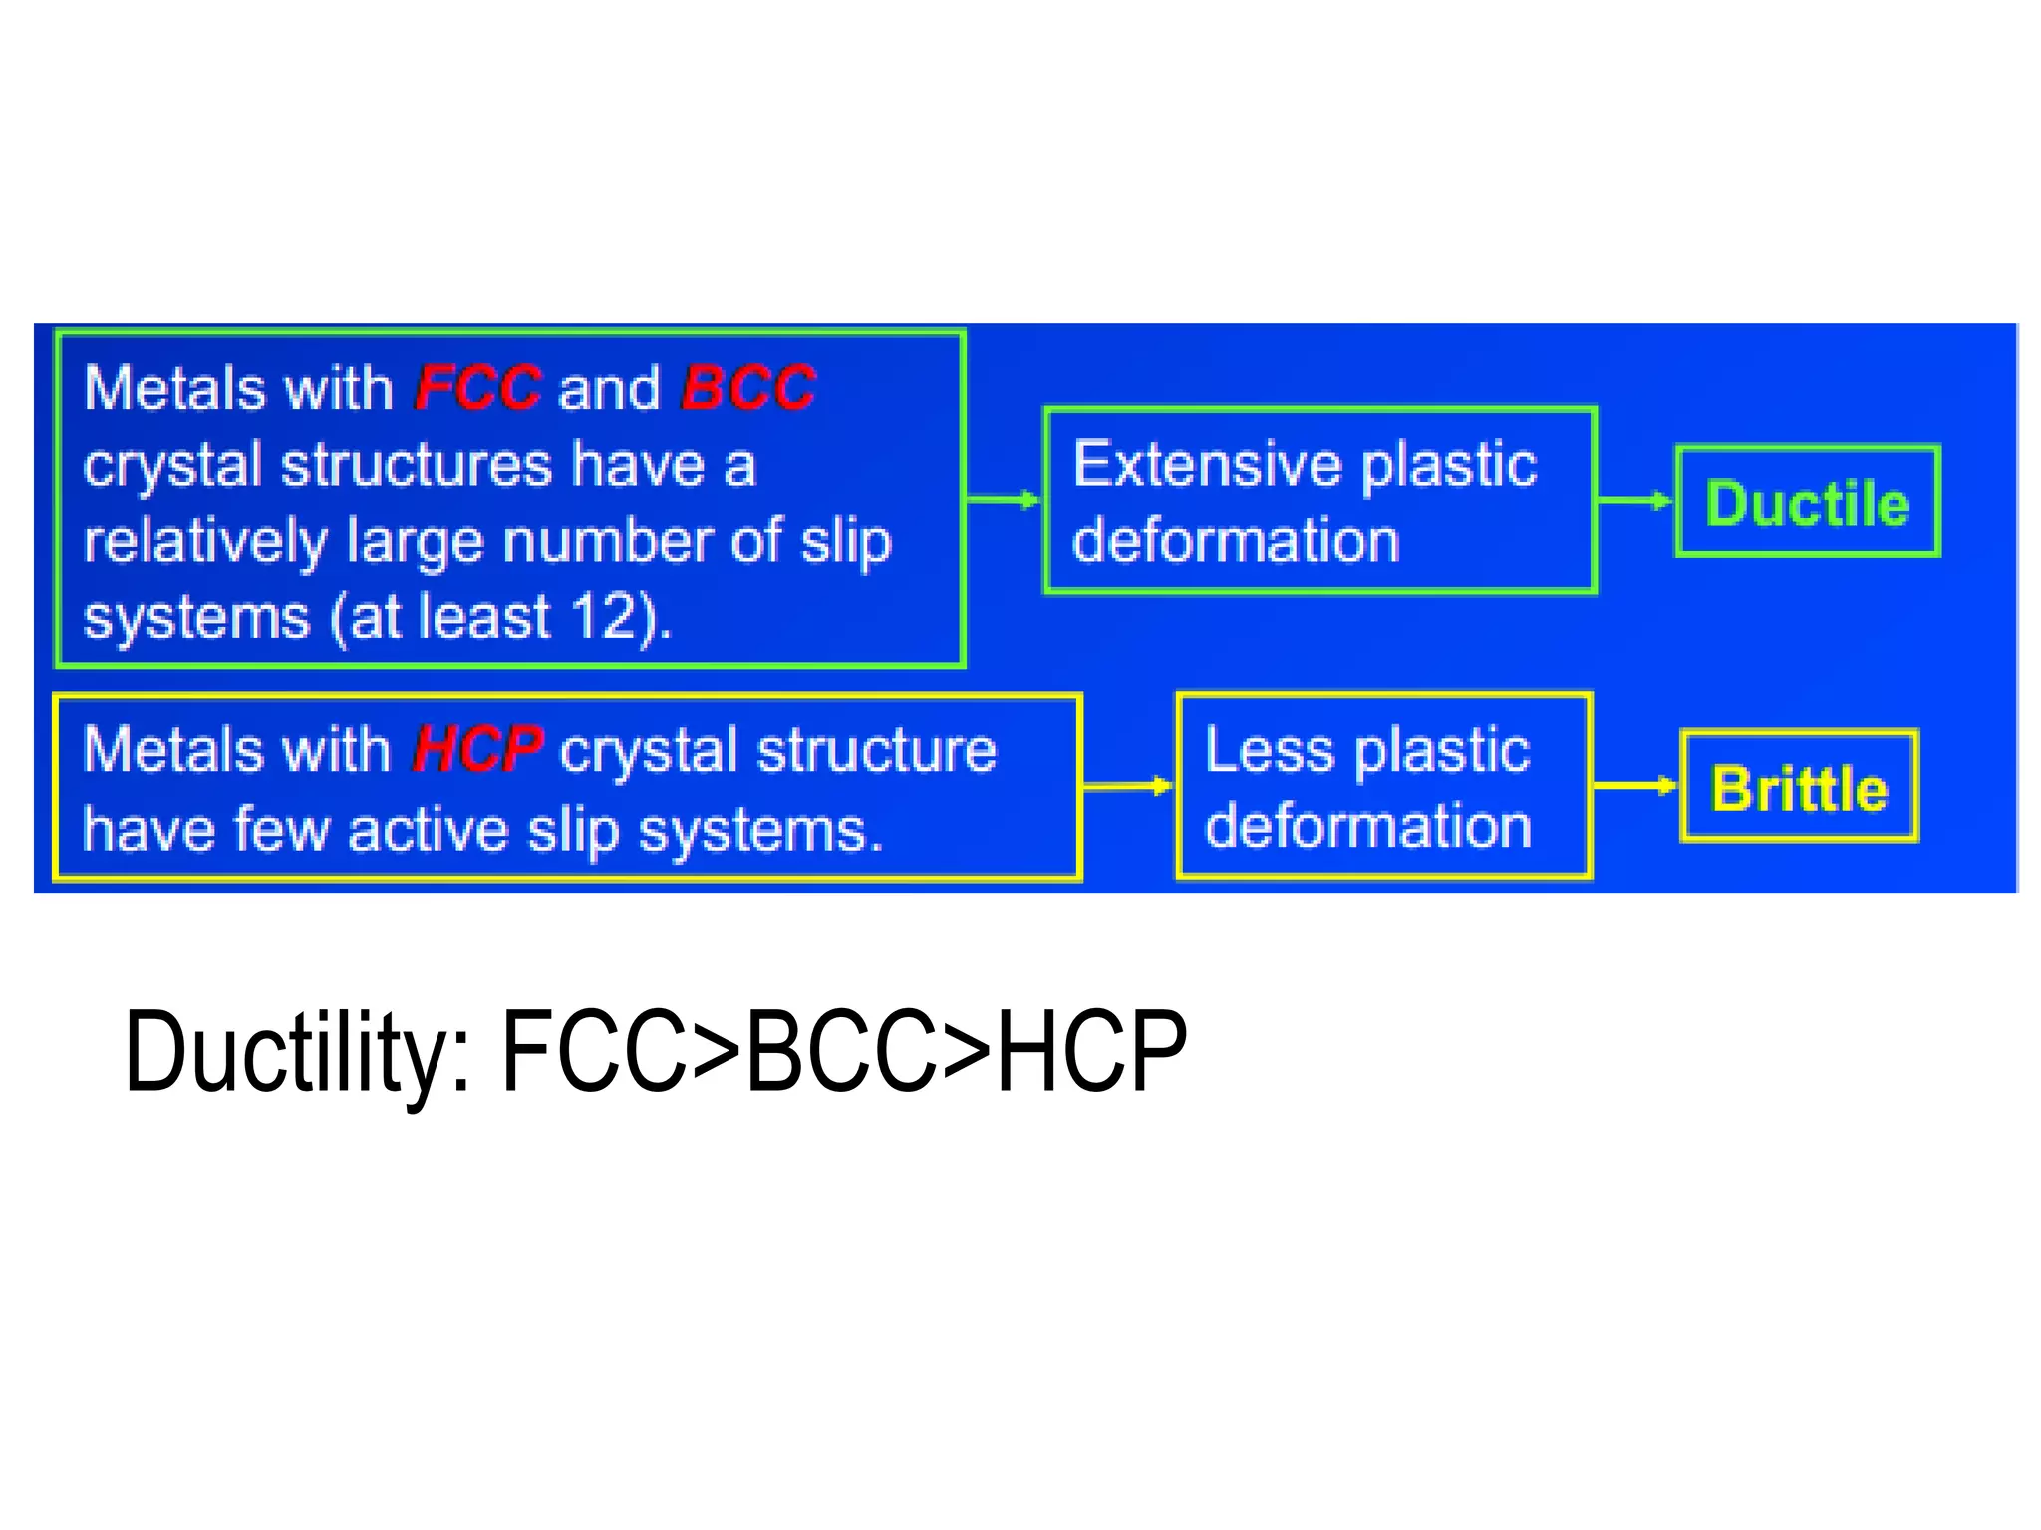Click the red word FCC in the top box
477,387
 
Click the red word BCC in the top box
748,387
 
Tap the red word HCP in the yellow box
477,749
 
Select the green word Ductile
1807,503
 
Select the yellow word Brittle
1799,789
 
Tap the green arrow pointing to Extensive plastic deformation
1004,499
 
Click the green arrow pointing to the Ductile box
1635,500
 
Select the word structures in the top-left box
417,465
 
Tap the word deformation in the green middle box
1236,541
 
